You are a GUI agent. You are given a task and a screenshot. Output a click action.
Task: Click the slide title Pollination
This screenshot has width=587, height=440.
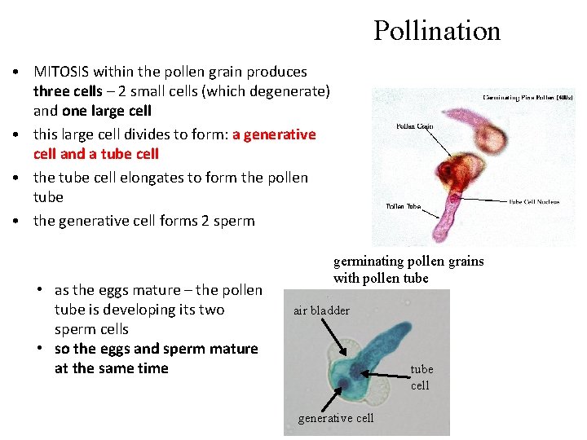click(x=437, y=31)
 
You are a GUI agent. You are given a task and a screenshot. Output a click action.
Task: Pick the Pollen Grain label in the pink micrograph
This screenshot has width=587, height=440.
click(x=415, y=126)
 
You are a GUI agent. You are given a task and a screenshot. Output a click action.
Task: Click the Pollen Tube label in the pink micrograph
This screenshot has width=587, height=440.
click(x=404, y=206)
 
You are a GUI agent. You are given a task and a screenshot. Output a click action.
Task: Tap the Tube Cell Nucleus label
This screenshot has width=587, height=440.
click(x=535, y=202)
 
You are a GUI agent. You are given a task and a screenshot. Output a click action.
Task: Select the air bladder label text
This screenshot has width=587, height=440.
click(x=321, y=310)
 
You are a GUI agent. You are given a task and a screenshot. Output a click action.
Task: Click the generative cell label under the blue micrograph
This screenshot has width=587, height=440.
click(x=336, y=418)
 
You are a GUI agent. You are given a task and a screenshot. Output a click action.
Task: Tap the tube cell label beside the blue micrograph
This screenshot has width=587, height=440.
click(x=421, y=377)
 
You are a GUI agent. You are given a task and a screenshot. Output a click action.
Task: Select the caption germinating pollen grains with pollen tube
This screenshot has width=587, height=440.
click(x=408, y=270)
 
